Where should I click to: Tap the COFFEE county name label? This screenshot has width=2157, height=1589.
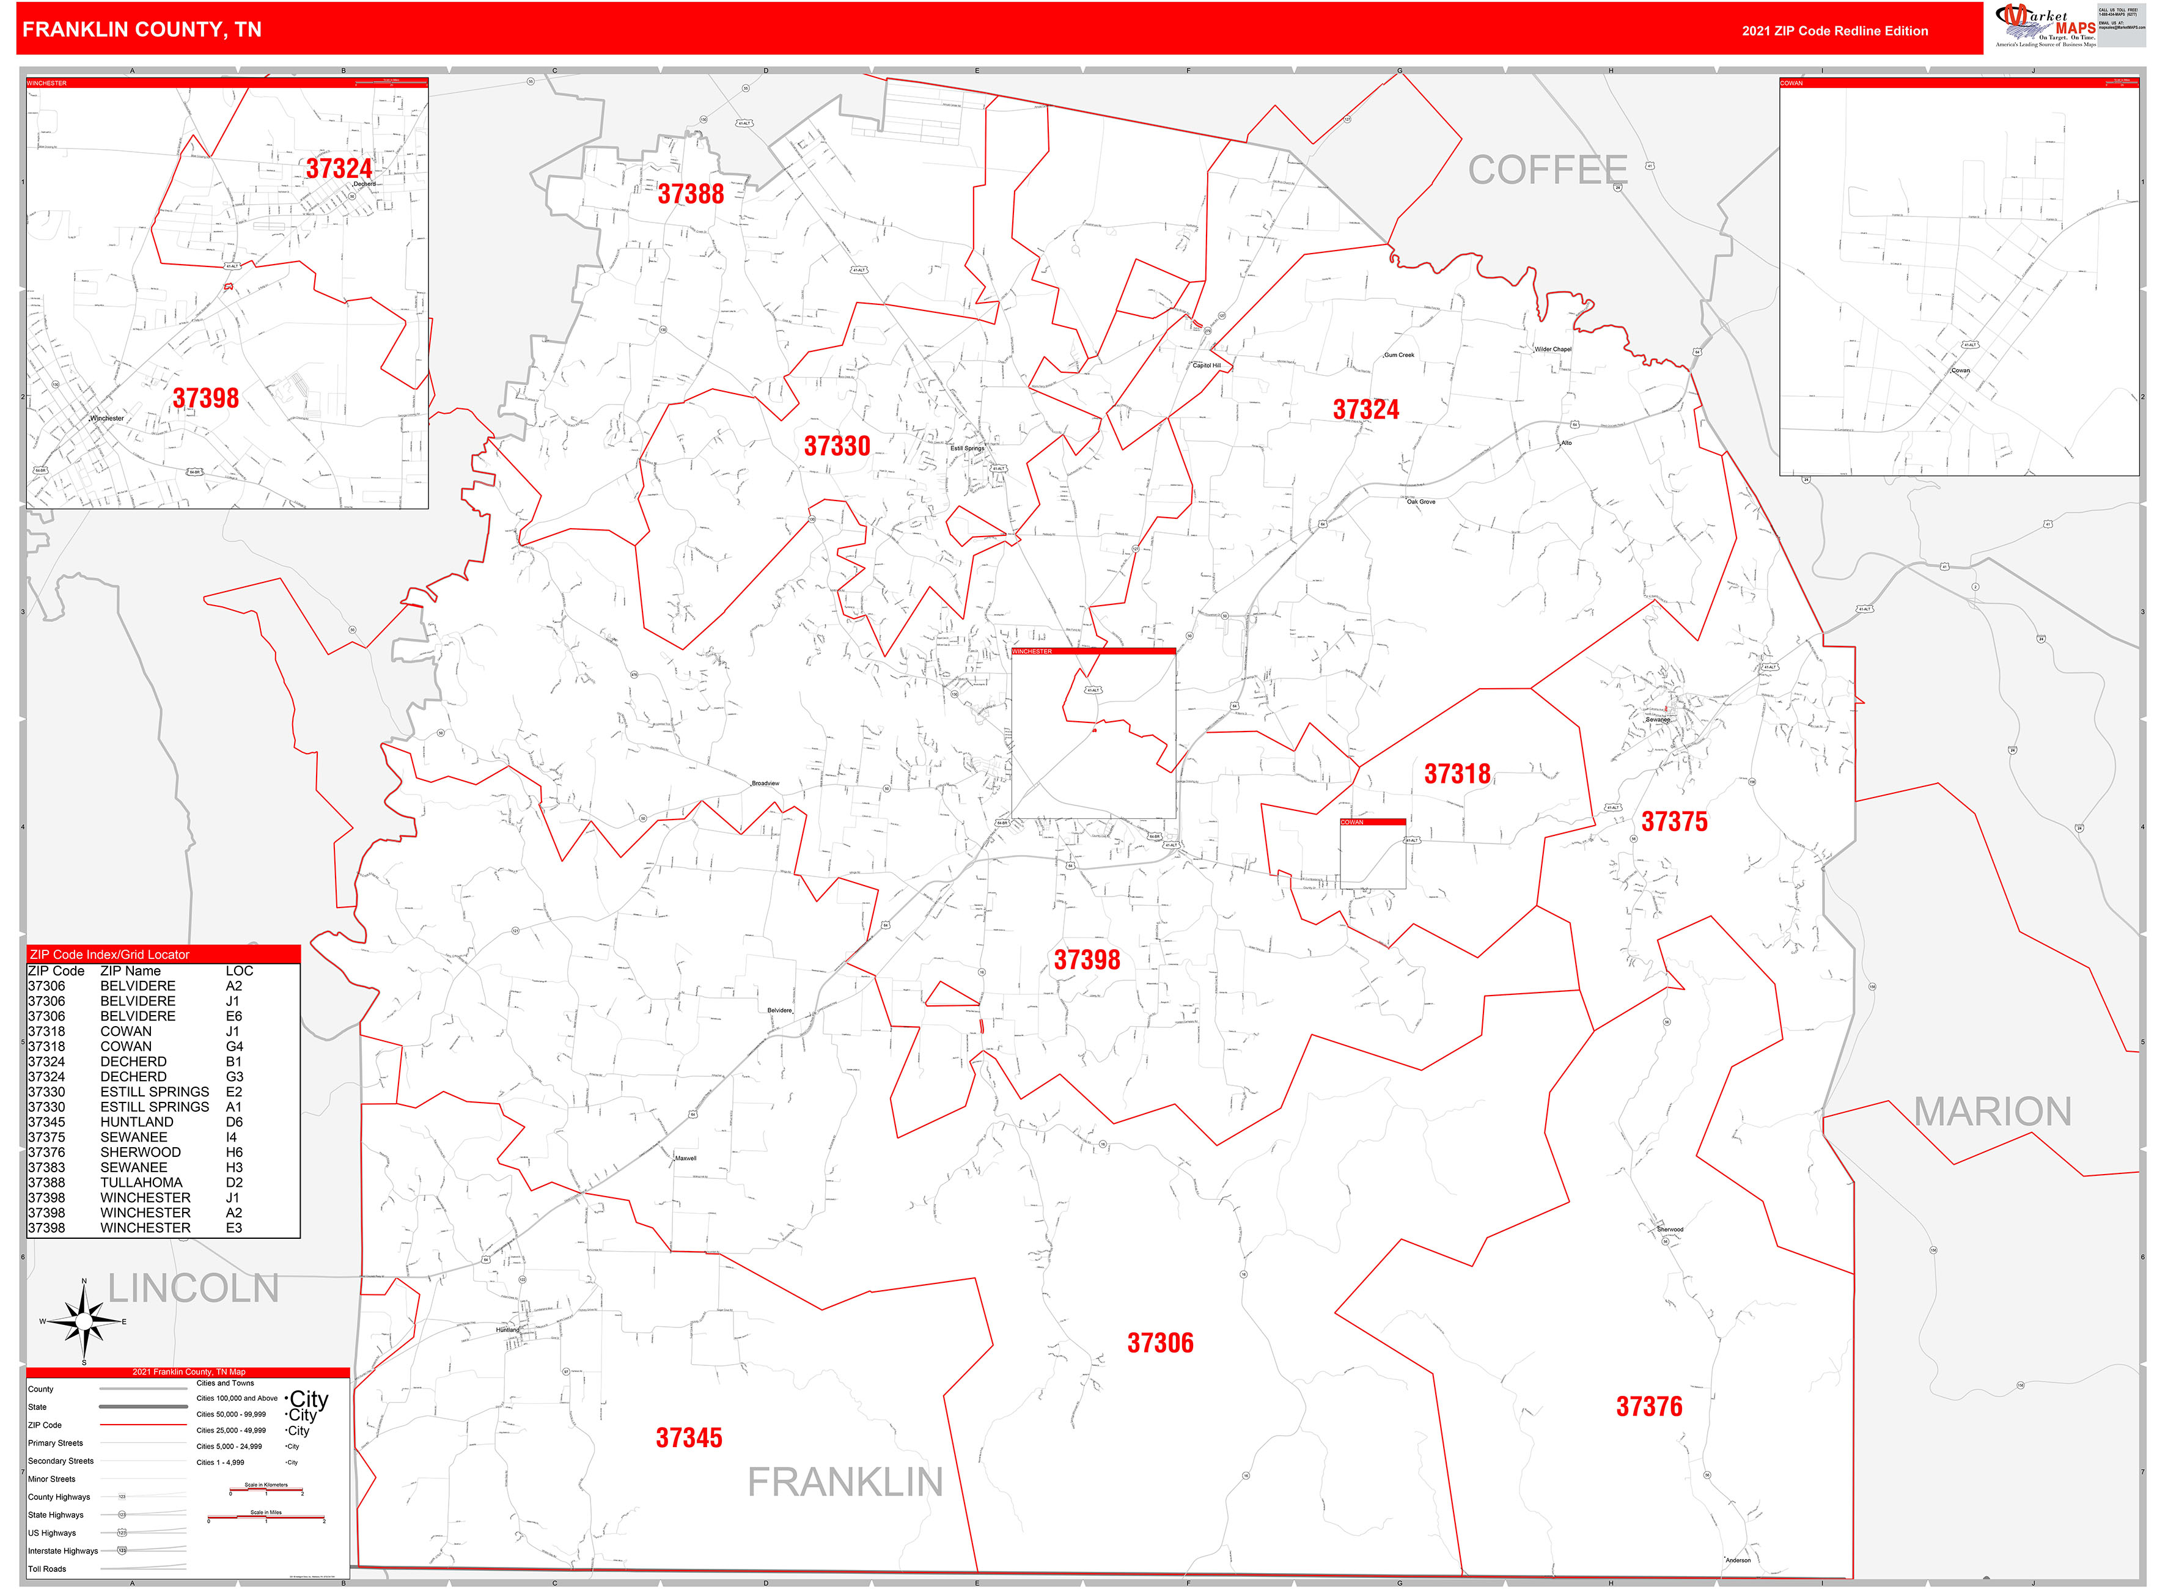tap(1547, 171)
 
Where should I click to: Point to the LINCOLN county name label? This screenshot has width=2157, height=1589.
tap(193, 1288)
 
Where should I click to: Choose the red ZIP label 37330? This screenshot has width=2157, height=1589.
tap(837, 446)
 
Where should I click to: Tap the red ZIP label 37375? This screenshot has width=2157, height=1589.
tap(1674, 821)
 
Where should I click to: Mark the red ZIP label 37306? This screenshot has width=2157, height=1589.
tap(1160, 1343)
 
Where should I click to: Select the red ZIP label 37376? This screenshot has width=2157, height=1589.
tap(1649, 1406)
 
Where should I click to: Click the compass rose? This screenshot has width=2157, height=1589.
tap(85, 1321)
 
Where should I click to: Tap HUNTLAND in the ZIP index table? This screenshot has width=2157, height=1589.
tap(137, 1121)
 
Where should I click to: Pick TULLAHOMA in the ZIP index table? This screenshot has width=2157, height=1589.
tap(141, 1182)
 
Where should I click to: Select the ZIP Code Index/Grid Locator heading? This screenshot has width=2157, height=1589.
tap(109, 954)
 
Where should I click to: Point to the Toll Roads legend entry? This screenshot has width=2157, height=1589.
tap(47, 1569)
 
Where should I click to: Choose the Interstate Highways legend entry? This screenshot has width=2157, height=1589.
tap(62, 1550)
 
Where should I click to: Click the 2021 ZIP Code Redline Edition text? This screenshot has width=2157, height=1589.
tap(1834, 31)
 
